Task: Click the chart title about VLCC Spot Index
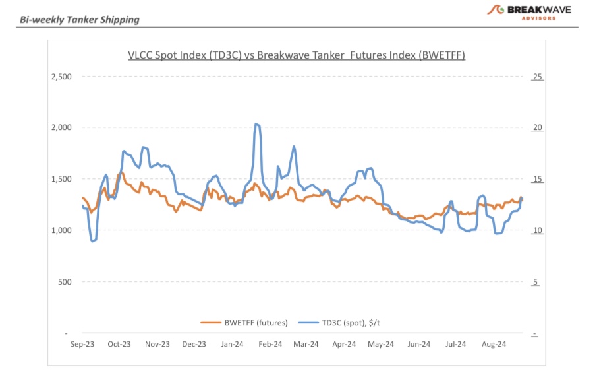[297, 55]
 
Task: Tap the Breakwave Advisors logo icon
[496, 10]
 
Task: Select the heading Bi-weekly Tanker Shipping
[80, 19]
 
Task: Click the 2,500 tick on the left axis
[61, 77]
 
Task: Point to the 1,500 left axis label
[61, 179]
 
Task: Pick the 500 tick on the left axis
[65, 282]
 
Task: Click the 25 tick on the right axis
[537, 77]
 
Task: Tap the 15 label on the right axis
[537, 179]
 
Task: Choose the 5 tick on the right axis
[535, 282]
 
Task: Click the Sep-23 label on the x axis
[82, 344]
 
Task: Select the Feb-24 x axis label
[270, 344]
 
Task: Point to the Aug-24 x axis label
[494, 344]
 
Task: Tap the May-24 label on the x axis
[382, 344]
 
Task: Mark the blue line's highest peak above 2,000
[256, 124]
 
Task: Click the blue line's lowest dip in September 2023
[92, 242]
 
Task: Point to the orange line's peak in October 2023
[121, 173]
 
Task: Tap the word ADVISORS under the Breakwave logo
[539, 18]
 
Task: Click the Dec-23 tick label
[194, 344]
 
